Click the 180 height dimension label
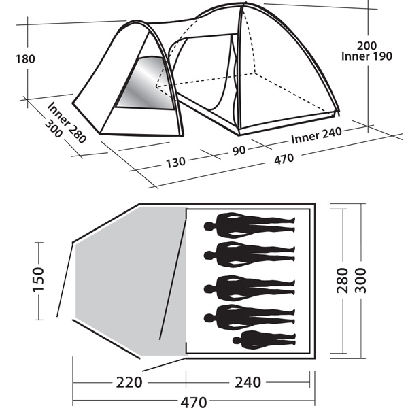tap(25, 59)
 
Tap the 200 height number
tap(367, 46)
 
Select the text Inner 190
tap(367, 56)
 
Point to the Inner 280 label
tap(67, 122)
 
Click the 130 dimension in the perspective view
tap(175, 163)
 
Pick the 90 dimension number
tap(239, 150)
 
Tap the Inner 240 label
tap(316, 135)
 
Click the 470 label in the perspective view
tap(284, 159)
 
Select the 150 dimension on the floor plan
tap(38, 279)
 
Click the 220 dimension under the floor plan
tap(129, 382)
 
